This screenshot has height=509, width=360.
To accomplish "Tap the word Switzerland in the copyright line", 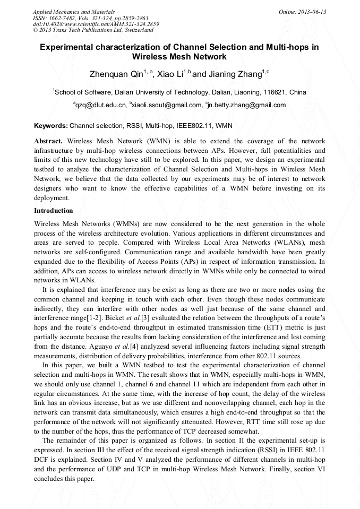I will [x=135, y=30].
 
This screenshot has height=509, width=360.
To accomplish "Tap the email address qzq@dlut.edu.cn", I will [x=101, y=105].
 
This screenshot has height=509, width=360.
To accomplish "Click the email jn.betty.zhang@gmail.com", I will [x=247, y=105].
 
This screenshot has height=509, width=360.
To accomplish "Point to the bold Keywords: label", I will [x=51, y=126].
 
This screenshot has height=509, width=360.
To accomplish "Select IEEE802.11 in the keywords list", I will [x=194, y=126].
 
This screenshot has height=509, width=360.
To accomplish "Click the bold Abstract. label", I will [x=49, y=141].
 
